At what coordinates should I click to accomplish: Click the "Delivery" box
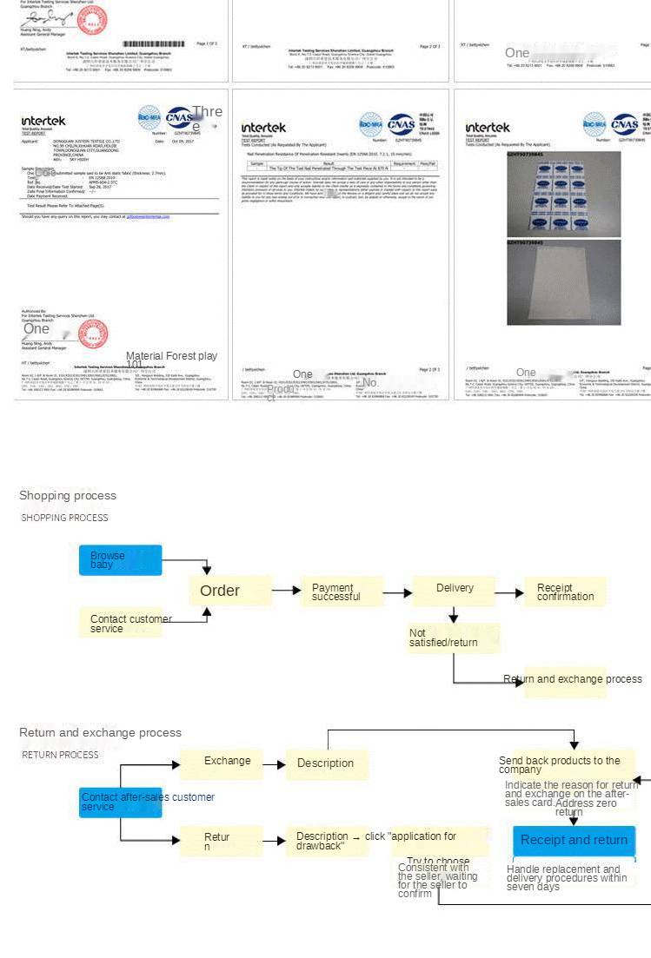pyautogui.click(x=453, y=590)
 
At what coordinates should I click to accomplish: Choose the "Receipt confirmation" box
pyautogui.click(x=564, y=591)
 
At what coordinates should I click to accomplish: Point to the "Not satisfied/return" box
pyautogui.click(x=453, y=638)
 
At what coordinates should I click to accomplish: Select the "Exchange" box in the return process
pyautogui.click(x=221, y=763)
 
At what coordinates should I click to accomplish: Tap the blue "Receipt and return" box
pyautogui.click(x=574, y=841)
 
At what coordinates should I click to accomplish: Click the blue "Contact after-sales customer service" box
pyautogui.click(x=120, y=802)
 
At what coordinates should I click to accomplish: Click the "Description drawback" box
pyautogui.click(x=322, y=841)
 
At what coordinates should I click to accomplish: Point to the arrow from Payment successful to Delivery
pyautogui.click(x=396, y=592)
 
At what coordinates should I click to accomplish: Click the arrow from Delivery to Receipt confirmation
pyautogui.click(x=509, y=592)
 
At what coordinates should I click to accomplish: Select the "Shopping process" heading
pyautogui.click(x=68, y=496)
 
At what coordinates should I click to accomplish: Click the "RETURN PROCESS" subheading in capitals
pyautogui.click(x=60, y=755)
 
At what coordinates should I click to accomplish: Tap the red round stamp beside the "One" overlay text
pyautogui.click(x=93, y=333)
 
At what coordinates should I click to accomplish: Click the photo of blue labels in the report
pyautogui.click(x=563, y=194)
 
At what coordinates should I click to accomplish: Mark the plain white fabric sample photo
pyautogui.click(x=563, y=281)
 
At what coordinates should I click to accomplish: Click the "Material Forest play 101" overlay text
pyautogui.click(x=171, y=360)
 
